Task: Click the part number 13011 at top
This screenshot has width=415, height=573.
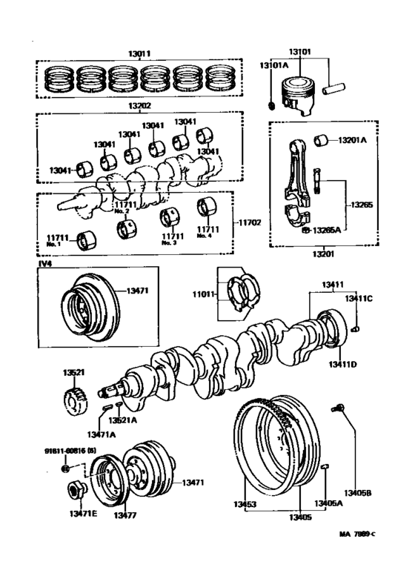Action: [x=139, y=53]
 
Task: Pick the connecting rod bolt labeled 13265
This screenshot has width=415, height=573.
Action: [x=317, y=179]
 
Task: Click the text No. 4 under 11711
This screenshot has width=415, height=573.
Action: [x=205, y=236]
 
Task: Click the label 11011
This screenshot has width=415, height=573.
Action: [x=205, y=294]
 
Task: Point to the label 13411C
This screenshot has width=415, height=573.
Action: [x=358, y=299]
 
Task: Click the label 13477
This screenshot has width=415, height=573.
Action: [x=127, y=513]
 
